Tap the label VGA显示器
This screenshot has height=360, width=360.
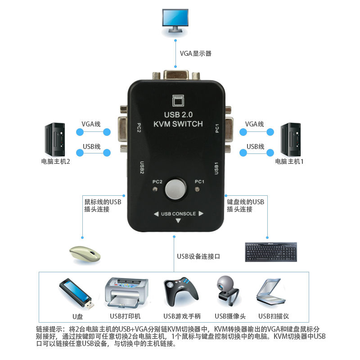pos(195,54)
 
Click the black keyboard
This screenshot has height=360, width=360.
pos(271,252)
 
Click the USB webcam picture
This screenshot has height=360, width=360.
pos(229,292)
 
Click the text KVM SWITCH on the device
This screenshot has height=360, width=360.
pos(179,124)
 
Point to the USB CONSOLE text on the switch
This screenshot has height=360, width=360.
pos(178,214)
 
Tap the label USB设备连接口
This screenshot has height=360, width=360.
pos(198,257)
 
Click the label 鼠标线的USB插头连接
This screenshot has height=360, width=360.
pos(103,206)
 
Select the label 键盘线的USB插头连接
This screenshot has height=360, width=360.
pos(245,206)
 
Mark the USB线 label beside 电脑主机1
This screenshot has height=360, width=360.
pos(255,146)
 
